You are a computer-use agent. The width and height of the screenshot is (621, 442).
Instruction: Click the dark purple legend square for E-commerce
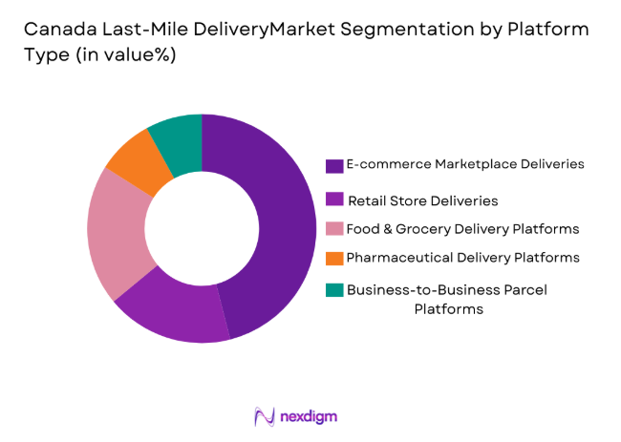tap(334, 165)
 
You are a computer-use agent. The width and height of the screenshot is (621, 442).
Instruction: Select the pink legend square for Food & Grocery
tap(334, 230)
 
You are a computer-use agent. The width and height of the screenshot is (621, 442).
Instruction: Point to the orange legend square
tap(334, 258)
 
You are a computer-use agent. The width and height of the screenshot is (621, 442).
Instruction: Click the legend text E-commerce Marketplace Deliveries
tap(465, 164)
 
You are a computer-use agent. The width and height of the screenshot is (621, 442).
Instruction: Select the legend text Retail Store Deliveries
tap(422, 201)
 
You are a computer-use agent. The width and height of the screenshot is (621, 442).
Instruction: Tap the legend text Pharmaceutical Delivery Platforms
tap(462, 258)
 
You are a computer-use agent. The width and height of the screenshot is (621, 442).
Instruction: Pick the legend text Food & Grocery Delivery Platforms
tap(463, 229)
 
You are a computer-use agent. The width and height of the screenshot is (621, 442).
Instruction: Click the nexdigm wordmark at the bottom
tap(309, 416)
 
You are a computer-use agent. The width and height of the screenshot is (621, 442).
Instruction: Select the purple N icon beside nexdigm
tap(265, 416)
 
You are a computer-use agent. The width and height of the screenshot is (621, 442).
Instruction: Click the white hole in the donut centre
tap(202, 228)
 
